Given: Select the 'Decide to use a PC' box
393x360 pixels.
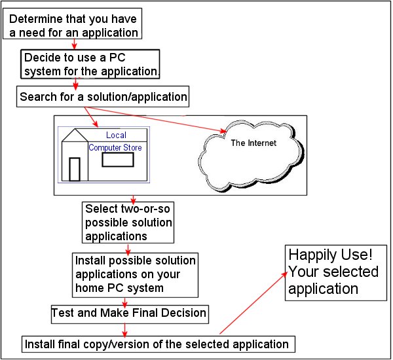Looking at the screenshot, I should point(90,63).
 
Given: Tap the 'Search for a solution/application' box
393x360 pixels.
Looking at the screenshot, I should point(103,98).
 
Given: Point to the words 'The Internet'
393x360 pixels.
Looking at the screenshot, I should point(253,143).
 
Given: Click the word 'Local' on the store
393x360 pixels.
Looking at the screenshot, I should point(116,135).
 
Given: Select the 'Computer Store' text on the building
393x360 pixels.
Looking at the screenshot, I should point(115,148).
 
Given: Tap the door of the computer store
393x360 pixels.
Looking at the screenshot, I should point(75,169).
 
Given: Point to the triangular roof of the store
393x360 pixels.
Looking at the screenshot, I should point(74,135).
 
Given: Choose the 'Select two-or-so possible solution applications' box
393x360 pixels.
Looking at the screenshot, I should point(128,222).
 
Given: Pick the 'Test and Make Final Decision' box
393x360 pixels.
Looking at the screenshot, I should point(129,314).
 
